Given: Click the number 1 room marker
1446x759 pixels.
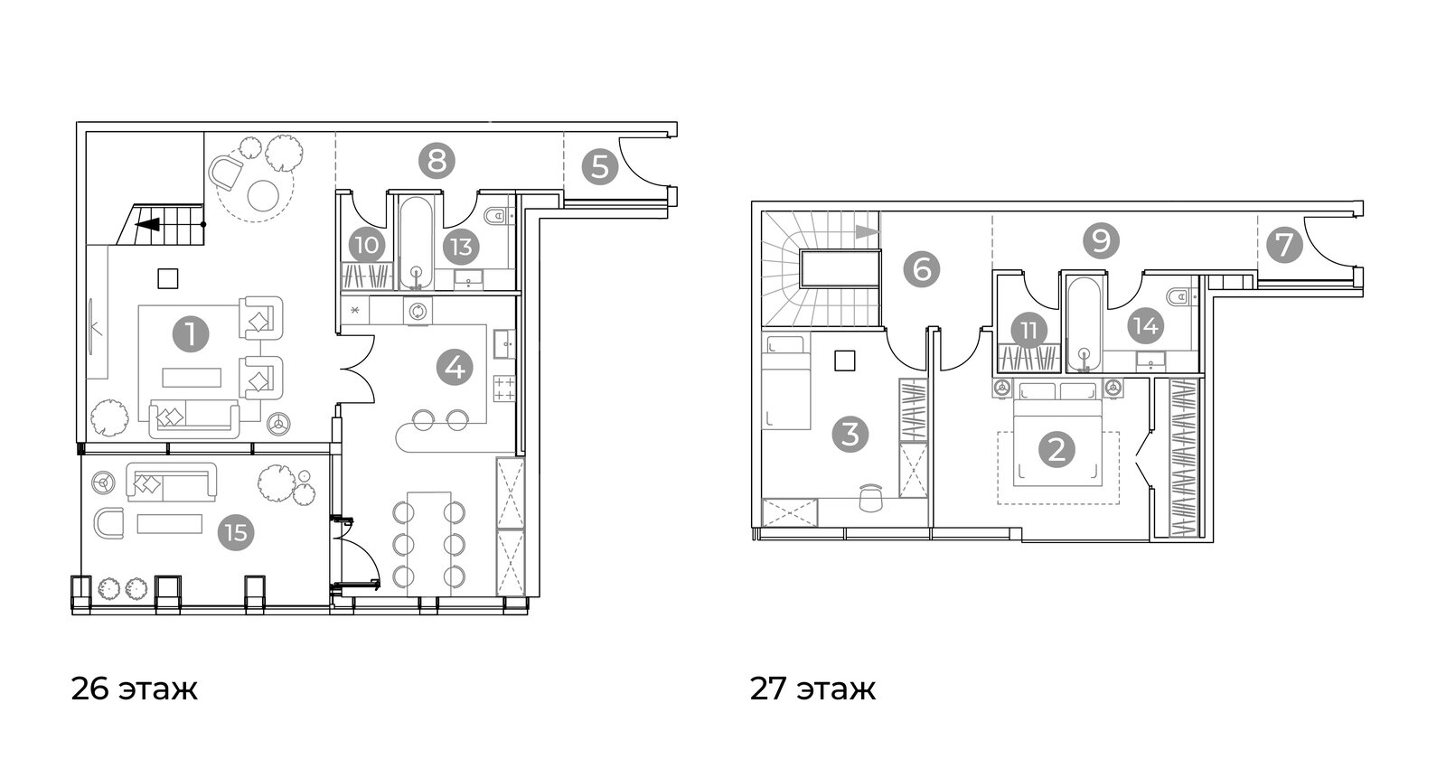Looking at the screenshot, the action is [191, 334].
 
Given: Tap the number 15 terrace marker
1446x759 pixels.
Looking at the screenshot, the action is [236, 533].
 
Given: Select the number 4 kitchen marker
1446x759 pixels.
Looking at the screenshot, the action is [455, 368].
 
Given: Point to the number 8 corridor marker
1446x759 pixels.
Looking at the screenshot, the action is [437, 161].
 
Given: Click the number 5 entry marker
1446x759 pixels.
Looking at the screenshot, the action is [600, 166].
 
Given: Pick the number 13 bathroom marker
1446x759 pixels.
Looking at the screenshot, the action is [462, 247].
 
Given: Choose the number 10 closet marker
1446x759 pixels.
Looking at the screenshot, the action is [367, 245].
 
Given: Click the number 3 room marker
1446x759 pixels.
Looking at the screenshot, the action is [850, 434].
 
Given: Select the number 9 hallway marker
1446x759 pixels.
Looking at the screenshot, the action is [1101, 240].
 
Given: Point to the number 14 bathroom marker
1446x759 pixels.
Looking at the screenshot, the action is [1146, 326].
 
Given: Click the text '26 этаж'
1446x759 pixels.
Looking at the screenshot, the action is [135, 689].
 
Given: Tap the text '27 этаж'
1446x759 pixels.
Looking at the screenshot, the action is [812, 689].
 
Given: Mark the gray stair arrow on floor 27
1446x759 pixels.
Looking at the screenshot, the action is [867, 231].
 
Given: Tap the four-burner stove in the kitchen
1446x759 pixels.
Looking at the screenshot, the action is [505, 389].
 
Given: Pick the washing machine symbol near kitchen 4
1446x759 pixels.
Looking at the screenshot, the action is [418, 311].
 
